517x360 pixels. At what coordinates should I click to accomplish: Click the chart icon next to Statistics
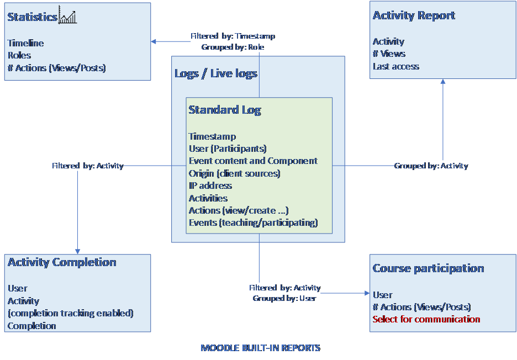[x=67, y=17]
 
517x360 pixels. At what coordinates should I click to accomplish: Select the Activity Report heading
[x=414, y=15]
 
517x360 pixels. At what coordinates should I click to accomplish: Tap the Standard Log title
[x=225, y=110]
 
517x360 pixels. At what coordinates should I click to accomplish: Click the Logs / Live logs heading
[x=216, y=73]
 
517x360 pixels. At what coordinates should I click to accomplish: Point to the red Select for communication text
[x=426, y=319]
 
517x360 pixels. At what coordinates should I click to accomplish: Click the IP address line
[x=210, y=186]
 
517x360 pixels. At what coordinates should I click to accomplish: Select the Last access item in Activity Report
[x=396, y=66]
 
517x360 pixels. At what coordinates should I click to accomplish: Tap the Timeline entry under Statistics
[x=26, y=43]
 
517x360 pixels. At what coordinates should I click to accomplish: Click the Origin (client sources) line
[x=234, y=173]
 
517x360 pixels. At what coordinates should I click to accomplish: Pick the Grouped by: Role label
[x=233, y=47]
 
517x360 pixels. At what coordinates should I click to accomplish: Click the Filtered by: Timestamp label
[x=233, y=36]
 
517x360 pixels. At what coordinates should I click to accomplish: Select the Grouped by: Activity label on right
[x=431, y=166]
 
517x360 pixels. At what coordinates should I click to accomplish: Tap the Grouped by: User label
[x=284, y=298]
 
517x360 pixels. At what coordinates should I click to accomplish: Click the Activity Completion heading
[x=62, y=262]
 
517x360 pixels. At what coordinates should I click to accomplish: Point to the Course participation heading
[x=428, y=268]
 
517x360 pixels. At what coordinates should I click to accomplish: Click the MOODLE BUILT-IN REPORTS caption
[x=260, y=348]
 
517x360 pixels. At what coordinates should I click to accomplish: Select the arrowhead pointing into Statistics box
[x=154, y=41]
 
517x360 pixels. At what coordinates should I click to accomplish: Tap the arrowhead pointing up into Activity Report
[x=442, y=82]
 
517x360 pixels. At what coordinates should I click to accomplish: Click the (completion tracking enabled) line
[x=71, y=313]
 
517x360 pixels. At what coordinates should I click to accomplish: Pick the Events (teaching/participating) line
[x=254, y=223]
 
